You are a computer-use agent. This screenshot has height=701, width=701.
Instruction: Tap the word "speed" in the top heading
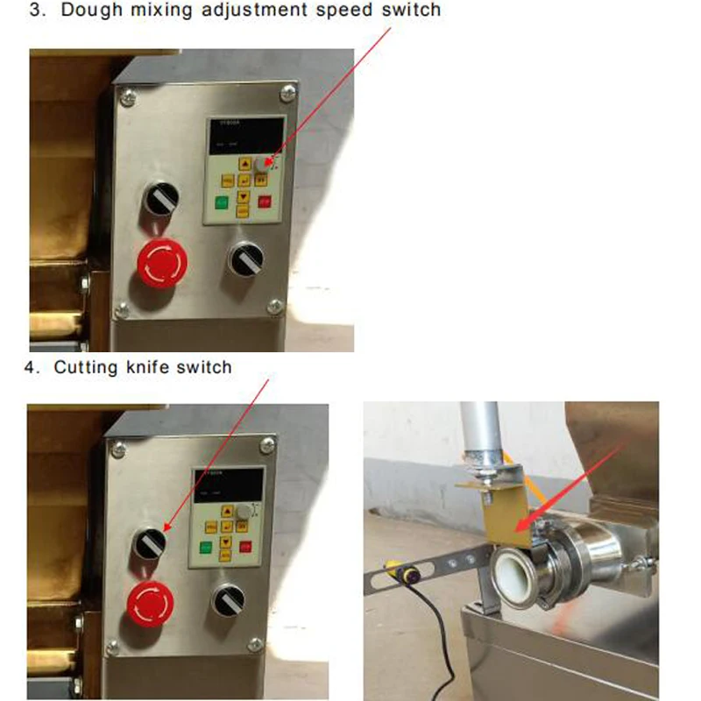coord(338,11)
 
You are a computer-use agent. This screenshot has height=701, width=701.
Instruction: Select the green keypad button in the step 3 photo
coord(221,202)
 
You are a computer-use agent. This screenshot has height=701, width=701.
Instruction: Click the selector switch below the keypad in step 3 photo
coord(243,258)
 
